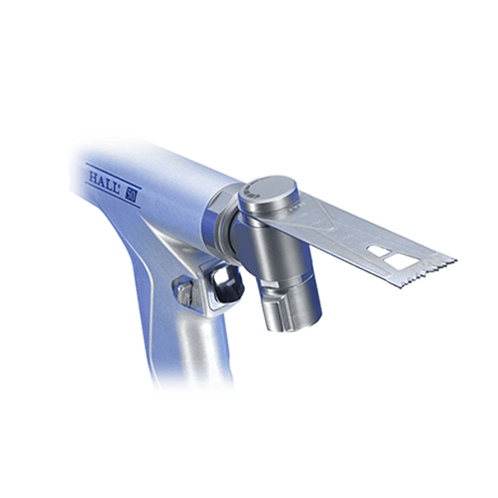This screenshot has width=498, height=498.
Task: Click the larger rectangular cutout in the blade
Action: coord(400,261)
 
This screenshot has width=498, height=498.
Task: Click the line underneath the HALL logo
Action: coord(112,189)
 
